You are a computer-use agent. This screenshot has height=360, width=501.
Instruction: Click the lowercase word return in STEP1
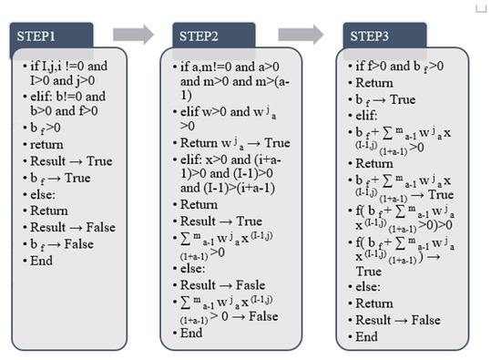click(46, 144)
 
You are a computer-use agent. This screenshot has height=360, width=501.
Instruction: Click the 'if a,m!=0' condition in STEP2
click(223, 67)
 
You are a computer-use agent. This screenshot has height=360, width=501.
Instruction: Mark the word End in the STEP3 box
click(367, 336)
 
